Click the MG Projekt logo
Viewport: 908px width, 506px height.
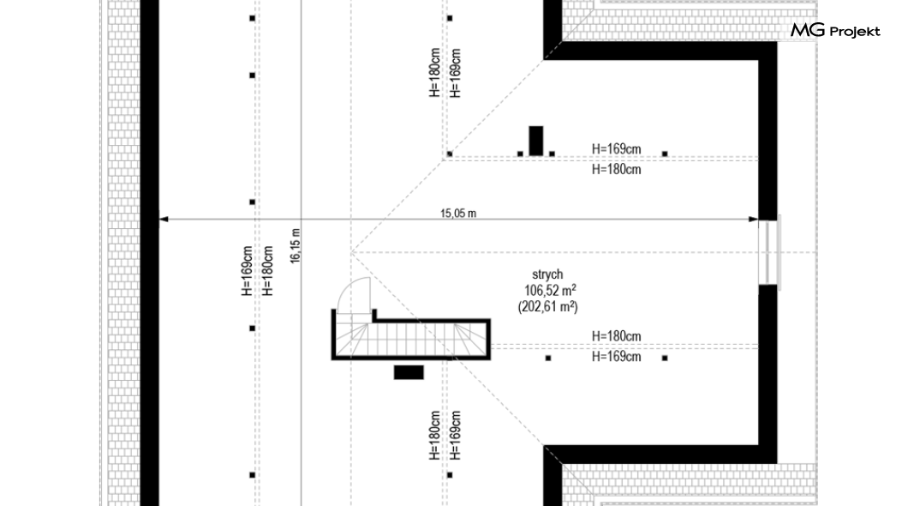tap(835, 31)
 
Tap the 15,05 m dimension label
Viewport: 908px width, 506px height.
tap(458, 214)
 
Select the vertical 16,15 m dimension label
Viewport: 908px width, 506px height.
tap(296, 246)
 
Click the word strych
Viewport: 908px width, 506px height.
tap(547, 274)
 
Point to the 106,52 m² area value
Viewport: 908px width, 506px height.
tap(550, 290)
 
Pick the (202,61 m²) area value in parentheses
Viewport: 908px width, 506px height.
tap(548, 307)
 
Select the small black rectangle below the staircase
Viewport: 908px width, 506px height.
tap(409, 372)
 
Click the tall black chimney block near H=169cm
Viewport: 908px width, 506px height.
tap(536, 141)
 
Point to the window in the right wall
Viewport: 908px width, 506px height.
tap(769, 252)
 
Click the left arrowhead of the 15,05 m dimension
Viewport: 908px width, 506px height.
tap(164, 219)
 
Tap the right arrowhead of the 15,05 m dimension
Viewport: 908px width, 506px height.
tap(753, 219)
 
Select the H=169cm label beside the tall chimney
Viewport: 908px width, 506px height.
tap(616, 149)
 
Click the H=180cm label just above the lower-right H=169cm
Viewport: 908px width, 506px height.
tap(616, 336)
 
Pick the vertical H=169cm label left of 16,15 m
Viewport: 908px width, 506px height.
tap(248, 271)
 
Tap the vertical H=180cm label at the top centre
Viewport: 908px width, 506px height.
tap(435, 72)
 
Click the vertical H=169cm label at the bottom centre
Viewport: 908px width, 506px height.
tap(456, 436)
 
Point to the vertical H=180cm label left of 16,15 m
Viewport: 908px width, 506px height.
tap(267, 271)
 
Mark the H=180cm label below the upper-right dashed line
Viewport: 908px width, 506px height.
tap(616, 170)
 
